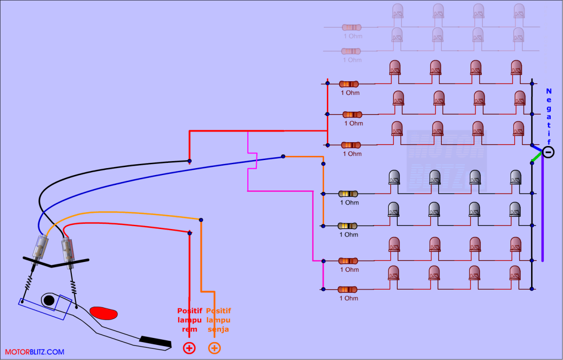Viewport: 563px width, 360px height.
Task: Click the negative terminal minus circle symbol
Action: coord(548,152)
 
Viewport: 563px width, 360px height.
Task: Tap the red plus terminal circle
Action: coord(189,348)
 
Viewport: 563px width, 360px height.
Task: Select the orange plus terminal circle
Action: coord(214,348)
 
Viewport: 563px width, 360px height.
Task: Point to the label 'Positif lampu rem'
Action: coord(189,320)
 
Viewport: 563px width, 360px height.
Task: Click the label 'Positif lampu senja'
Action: coord(218,320)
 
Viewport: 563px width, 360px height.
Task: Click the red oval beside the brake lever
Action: coord(104,313)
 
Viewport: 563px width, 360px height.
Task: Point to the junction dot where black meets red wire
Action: coord(189,161)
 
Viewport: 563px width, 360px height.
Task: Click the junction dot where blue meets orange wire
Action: coord(283,156)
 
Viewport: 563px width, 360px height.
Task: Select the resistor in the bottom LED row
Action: coord(348,289)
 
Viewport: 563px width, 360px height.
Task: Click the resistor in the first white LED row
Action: coord(348,193)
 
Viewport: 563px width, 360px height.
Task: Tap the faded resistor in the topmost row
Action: coord(351,27)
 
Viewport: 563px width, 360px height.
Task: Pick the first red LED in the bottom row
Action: coord(394,272)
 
